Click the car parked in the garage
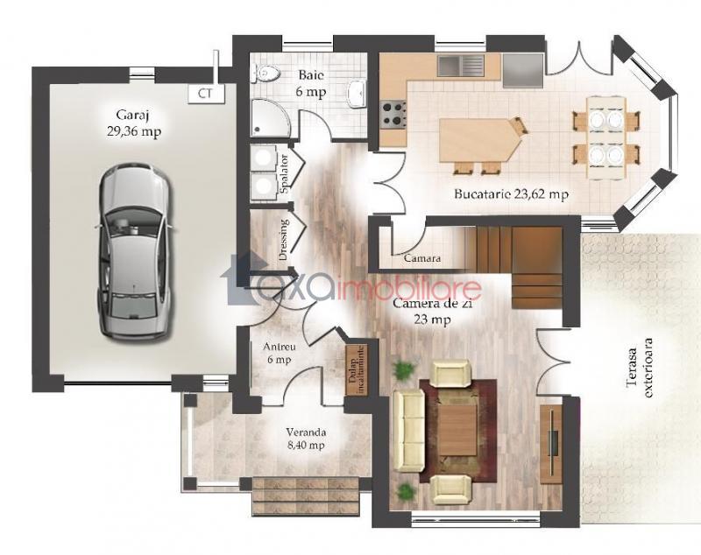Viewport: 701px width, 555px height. pyautogui.click(x=133, y=251)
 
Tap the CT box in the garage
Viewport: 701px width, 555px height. pyautogui.click(x=206, y=94)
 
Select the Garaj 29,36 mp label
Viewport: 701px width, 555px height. pyautogui.click(x=133, y=123)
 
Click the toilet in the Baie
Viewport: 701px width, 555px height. pyautogui.click(x=266, y=73)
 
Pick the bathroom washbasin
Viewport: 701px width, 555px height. pyautogui.click(x=357, y=94)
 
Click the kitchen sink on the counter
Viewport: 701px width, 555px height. pyautogui.click(x=461, y=65)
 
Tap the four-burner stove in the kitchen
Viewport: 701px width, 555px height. pyautogui.click(x=393, y=114)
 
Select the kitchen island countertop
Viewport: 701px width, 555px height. pyautogui.click(x=479, y=140)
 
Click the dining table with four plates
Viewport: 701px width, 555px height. pyautogui.click(x=605, y=137)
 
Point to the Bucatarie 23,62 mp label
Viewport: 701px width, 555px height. pyautogui.click(x=511, y=194)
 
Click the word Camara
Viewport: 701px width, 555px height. pyautogui.click(x=422, y=258)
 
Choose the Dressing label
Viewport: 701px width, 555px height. pyautogui.click(x=283, y=240)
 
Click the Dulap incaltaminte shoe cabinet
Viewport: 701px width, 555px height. pyautogui.click(x=357, y=369)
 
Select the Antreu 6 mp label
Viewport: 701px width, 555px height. pyautogui.click(x=279, y=353)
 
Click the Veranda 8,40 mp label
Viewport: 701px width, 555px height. pyautogui.click(x=306, y=439)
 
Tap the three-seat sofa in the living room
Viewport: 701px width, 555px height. pyautogui.click(x=407, y=430)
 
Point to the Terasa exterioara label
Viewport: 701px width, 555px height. pyautogui.click(x=641, y=368)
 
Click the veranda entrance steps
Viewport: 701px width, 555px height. pyautogui.click(x=306, y=495)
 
